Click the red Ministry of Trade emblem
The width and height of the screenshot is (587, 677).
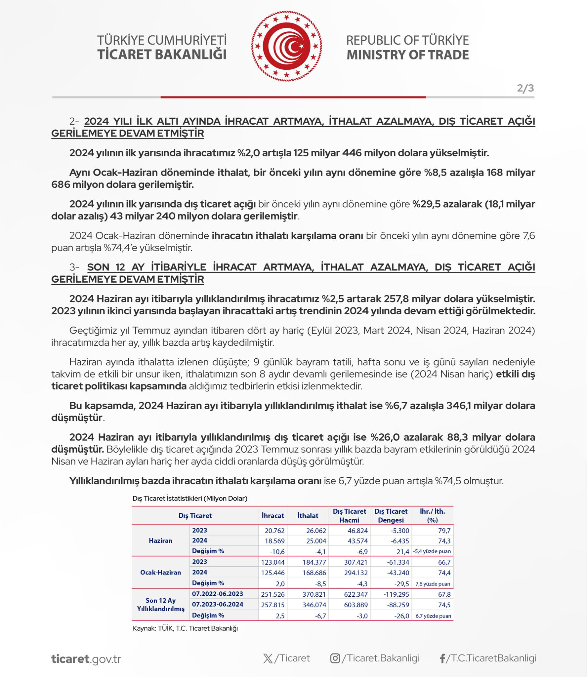click(x=286, y=46)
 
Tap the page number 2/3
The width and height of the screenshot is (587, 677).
click(x=525, y=88)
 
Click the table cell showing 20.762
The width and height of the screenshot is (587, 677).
click(x=274, y=531)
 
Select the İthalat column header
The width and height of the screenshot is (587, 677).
click(x=308, y=515)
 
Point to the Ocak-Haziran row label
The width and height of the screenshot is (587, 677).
click(x=160, y=572)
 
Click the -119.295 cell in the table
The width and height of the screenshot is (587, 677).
click(x=396, y=594)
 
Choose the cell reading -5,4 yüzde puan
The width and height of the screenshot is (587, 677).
click(x=432, y=551)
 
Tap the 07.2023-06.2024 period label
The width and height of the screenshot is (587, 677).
click(x=218, y=604)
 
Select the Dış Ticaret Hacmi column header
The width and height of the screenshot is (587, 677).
click(x=349, y=515)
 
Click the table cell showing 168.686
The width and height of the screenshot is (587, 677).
click(x=314, y=573)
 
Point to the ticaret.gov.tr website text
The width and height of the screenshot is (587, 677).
click(x=86, y=658)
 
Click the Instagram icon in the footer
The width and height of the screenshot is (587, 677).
click(x=335, y=658)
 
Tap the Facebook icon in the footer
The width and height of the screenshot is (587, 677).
click(x=442, y=658)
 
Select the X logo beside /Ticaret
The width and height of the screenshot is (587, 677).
click(x=268, y=658)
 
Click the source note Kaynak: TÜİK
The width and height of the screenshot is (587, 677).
click(x=185, y=628)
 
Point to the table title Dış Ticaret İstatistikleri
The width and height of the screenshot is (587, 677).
click(x=190, y=498)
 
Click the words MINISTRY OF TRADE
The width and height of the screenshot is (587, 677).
click(x=407, y=55)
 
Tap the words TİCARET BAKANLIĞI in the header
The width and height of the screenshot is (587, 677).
click(x=162, y=55)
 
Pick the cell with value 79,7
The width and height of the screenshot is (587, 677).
click(x=444, y=531)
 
